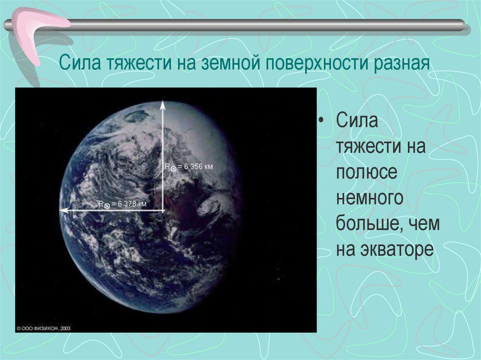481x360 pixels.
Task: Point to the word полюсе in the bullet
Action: (x=366, y=173)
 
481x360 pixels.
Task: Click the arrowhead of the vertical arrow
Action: (x=163, y=104)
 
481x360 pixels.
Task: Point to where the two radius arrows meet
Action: (x=163, y=211)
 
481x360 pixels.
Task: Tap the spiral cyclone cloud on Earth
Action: (x=209, y=206)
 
